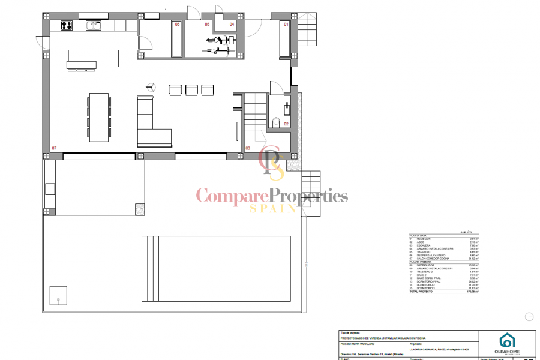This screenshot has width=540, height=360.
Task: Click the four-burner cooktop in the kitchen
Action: tap(67, 25)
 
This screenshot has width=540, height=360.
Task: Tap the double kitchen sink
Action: tap(94, 25)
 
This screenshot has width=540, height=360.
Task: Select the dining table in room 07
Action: tap(99, 116)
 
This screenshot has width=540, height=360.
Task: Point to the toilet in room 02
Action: tap(276, 123)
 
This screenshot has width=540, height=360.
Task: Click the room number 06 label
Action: tap(177, 25)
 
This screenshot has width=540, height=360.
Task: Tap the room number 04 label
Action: tap(232, 25)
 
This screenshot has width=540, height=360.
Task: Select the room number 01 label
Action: tap(286, 25)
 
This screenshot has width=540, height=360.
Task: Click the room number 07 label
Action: tap(54, 148)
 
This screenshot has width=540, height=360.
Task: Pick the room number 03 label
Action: tap(248, 148)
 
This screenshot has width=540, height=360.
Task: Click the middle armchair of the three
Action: tap(191, 90)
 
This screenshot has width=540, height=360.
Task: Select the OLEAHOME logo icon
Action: tap(507, 340)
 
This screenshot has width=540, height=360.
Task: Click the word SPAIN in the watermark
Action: tap(273, 208)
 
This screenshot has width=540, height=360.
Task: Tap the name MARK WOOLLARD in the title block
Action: tap(364, 344)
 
